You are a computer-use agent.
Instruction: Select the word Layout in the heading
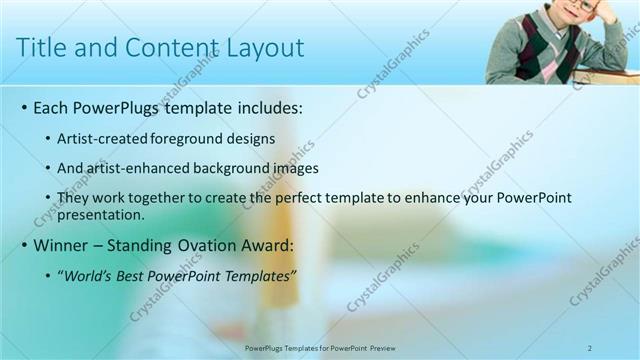[x=266, y=47]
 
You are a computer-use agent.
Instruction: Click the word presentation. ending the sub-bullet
[x=102, y=214]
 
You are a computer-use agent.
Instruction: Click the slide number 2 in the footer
[x=590, y=347]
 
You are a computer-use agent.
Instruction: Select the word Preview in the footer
[x=381, y=347]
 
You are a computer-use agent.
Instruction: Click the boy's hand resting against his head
[x=606, y=12]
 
